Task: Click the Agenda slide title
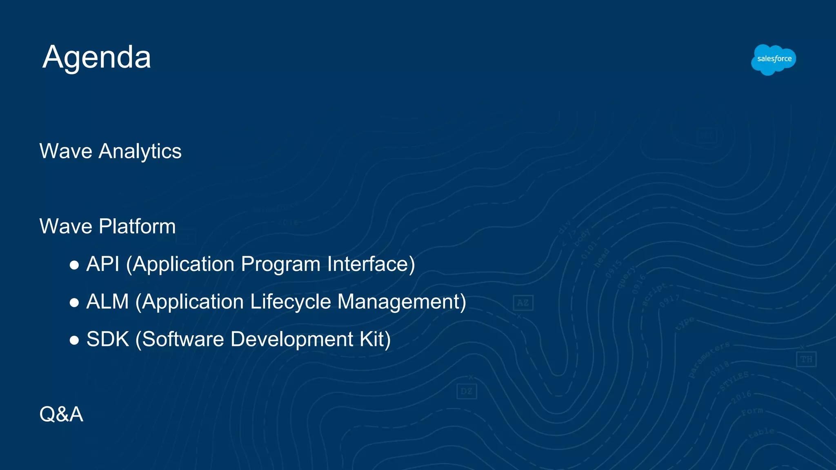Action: click(97, 58)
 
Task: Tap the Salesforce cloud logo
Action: click(774, 60)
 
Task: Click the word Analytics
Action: click(140, 152)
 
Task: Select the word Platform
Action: click(137, 226)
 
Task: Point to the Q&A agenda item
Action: click(61, 415)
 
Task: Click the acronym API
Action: click(103, 264)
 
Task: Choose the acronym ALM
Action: click(108, 302)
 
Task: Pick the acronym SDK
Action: click(108, 339)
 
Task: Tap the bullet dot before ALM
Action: click(74, 303)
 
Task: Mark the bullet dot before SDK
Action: click(74, 341)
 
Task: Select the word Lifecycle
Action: click(291, 302)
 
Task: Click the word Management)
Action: click(402, 302)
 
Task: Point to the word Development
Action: click(292, 340)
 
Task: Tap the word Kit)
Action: click(375, 339)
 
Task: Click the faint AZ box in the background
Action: click(523, 303)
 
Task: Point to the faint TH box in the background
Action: click(806, 359)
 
